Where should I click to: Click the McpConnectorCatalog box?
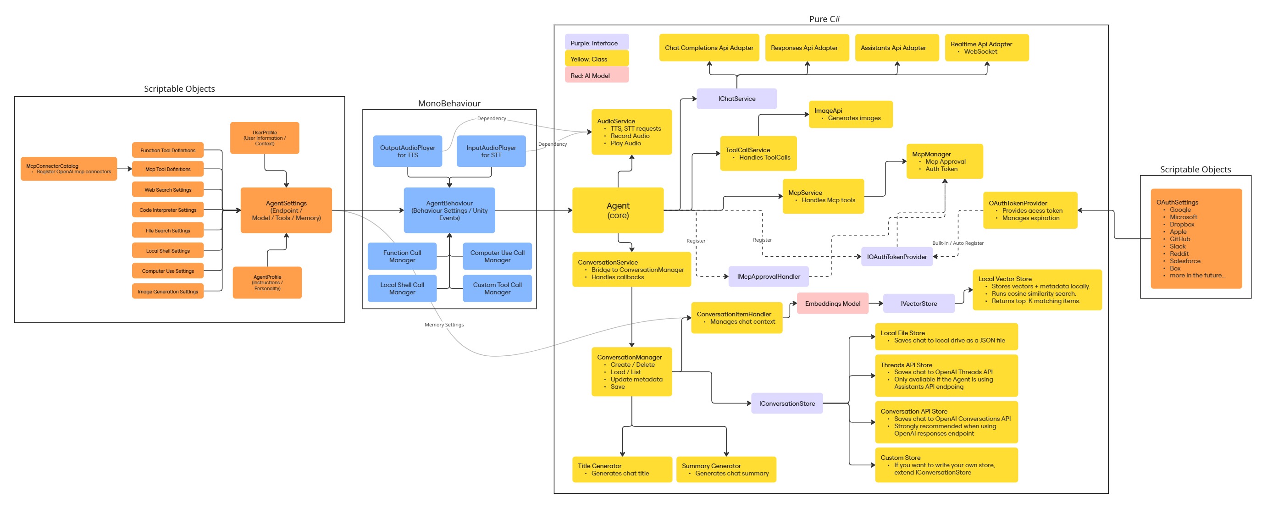click(68, 169)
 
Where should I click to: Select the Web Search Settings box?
click(168, 189)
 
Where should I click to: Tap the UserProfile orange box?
click(265, 138)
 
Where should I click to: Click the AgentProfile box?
click(267, 282)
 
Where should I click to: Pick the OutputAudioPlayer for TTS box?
click(407, 151)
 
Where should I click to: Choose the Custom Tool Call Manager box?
click(497, 288)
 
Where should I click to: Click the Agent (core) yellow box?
click(618, 210)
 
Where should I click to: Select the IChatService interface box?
click(736, 99)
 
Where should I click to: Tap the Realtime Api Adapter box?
click(987, 48)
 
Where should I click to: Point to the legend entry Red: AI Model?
click(596, 75)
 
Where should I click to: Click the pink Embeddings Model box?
click(832, 304)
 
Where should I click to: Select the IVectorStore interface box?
click(918, 304)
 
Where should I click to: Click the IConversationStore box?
click(786, 403)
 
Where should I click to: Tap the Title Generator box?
click(622, 469)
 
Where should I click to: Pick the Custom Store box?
click(946, 465)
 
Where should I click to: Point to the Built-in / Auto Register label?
click(957, 243)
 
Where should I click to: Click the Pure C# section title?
click(824, 19)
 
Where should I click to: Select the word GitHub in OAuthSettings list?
click(1179, 239)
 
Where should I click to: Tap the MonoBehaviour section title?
click(449, 103)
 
